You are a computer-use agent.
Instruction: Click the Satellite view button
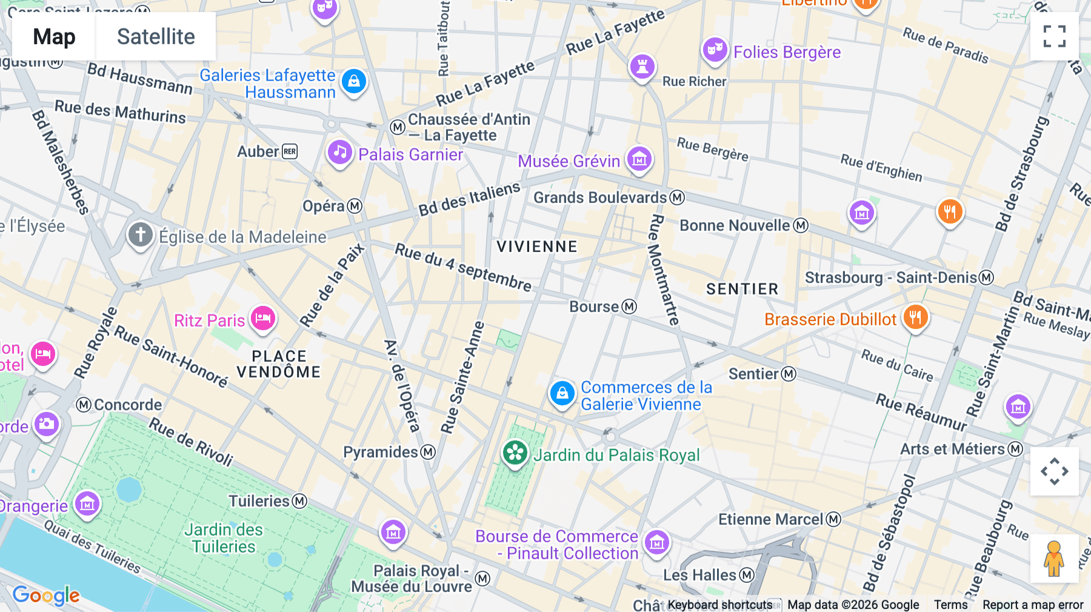coord(156,36)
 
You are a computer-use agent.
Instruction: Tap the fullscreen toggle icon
coord(1054,36)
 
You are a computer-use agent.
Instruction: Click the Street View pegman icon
coord(1054,559)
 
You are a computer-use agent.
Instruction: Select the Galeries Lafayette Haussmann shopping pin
coord(354,81)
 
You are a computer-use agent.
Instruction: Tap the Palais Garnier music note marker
coord(340,153)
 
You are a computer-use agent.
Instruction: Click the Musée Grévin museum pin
coord(639,159)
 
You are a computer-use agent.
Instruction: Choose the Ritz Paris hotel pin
coord(263,318)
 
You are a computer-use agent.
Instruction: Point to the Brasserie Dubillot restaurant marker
coord(915,317)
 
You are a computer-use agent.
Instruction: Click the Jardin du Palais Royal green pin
coord(515,453)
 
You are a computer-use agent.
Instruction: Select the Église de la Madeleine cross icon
coord(140,234)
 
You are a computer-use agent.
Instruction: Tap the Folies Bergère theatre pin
coord(715,50)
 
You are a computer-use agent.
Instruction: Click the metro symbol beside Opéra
coord(355,206)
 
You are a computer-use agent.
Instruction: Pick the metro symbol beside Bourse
coord(630,307)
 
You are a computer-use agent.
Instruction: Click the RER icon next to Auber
coord(290,151)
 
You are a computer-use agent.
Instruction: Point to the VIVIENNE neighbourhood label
coord(537,247)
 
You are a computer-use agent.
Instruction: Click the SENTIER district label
coord(742,289)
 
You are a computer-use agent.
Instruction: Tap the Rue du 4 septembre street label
coord(464,267)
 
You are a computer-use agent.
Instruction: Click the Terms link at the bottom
coord(950,604)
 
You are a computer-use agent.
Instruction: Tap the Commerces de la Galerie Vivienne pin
coord(562,393)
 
